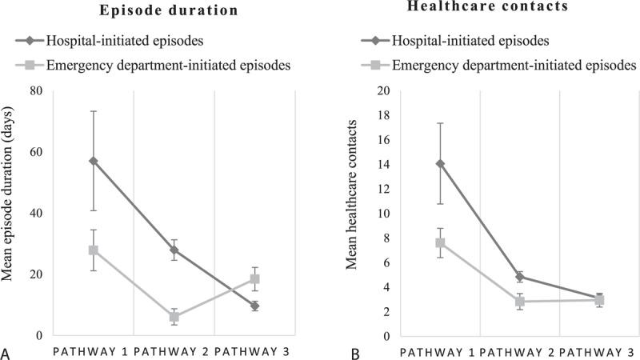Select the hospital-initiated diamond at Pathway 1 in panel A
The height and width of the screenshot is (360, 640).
pos(94,161)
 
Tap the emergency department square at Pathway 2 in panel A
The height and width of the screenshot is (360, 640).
pos(174,317)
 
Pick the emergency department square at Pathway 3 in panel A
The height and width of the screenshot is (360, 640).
pos(255,279)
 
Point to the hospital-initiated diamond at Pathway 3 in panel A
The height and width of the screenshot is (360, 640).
pos(255,306)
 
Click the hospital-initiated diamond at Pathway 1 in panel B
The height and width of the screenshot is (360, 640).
pos(440,163)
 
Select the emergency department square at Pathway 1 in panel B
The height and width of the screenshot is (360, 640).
pos(440,242)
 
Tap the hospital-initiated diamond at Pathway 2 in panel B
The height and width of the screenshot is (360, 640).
pos(520,276)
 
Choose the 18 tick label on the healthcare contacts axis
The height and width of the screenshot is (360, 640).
pos(384,115)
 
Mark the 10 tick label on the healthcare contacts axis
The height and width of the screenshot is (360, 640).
pos(384,214)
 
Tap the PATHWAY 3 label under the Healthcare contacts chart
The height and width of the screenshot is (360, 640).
pos(600,352)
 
